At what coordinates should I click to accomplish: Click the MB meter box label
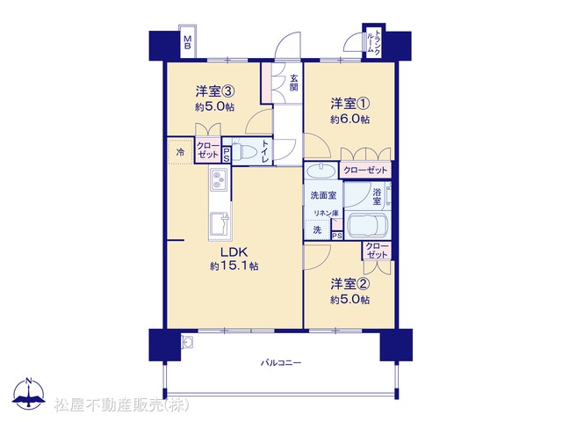[187, 42]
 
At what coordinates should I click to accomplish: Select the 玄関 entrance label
[294, 83]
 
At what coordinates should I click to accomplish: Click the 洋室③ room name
[215, 91]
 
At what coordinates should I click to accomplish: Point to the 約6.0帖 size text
[349, 120]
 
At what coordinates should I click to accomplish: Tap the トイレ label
[265, 151]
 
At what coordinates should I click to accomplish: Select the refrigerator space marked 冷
[181, 152]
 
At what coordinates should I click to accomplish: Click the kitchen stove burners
[218, 179]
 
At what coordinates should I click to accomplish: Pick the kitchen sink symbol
[220, 224]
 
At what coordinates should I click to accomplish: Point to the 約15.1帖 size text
[234, 266]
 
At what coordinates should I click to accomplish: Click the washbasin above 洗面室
[321, 170]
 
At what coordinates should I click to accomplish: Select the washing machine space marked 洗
[317, 229]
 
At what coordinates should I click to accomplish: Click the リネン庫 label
[326, 213]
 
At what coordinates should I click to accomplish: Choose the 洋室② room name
[349, 284]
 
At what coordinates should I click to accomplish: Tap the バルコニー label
[281, 363]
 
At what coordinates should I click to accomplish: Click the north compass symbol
[29, 393]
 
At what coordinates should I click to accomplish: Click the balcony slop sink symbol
[187, 341]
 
